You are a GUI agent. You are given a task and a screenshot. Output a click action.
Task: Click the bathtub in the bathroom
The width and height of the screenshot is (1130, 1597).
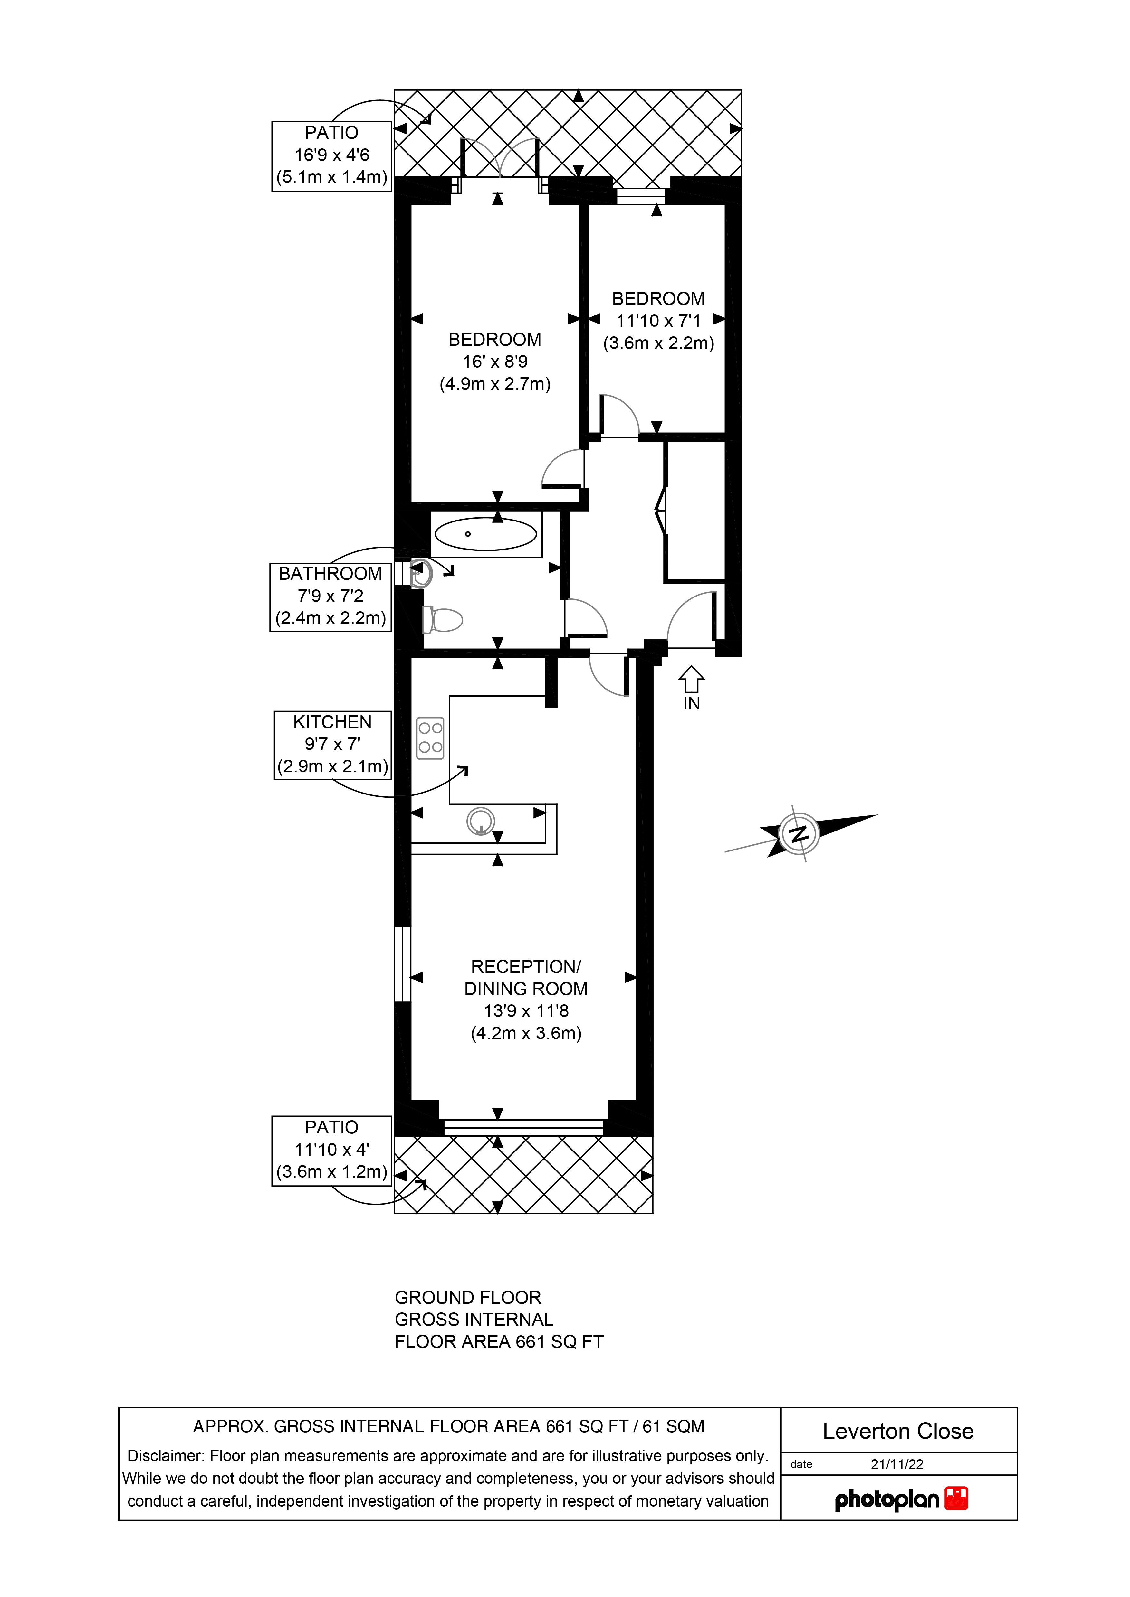[486, 534]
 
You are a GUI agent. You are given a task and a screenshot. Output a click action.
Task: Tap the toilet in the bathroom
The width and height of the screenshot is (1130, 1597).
[443, 619]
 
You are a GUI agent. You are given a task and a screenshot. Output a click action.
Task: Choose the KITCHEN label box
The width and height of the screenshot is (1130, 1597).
[333, 745]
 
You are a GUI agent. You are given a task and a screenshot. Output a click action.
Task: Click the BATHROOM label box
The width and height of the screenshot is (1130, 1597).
[330, 597]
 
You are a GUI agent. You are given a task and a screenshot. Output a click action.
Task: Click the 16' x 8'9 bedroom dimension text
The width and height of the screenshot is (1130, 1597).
[495, 362]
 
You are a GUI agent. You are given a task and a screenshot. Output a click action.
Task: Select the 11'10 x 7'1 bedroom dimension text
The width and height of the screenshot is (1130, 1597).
[658, 321]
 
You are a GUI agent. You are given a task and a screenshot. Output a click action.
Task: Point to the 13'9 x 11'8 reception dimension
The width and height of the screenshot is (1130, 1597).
[526, 1011]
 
